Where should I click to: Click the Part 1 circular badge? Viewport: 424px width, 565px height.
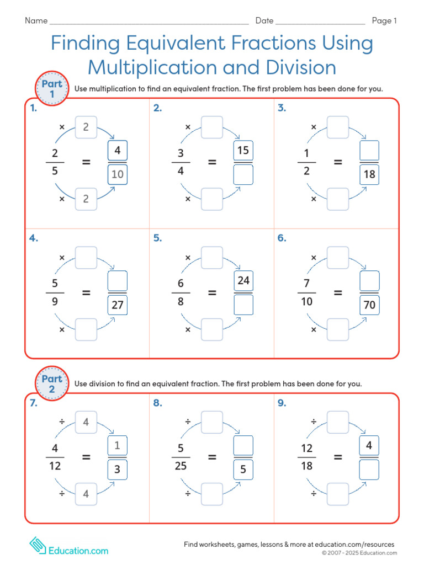[x=52, y=89]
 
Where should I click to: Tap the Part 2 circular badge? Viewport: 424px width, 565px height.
[x=52, y=383]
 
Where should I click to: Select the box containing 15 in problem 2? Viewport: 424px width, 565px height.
[x=243, y=151]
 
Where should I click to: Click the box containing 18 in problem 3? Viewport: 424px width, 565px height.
[x=369, y=175]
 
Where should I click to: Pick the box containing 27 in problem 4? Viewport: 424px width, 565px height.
[x=118, y=305]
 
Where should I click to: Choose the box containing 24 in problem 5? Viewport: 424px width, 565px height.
[x=243, y=280]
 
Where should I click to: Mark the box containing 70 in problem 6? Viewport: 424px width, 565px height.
[x=369, y=304]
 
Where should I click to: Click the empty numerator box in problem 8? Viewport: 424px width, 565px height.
[x=243, y=445]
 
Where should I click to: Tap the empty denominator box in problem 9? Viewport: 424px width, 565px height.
[x=369, y=469]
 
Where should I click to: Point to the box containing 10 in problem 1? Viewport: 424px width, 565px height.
[x=118, y=175]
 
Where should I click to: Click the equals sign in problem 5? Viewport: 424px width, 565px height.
[x=212, y=293]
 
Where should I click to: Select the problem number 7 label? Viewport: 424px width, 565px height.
[x=34, y=403]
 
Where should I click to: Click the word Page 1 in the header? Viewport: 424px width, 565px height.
[x=384, y=21]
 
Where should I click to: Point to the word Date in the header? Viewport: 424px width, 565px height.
[x=264, y=21]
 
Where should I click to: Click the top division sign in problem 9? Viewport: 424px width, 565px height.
[x=314, y=422]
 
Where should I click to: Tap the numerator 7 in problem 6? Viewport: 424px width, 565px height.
[x=306, y=282]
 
